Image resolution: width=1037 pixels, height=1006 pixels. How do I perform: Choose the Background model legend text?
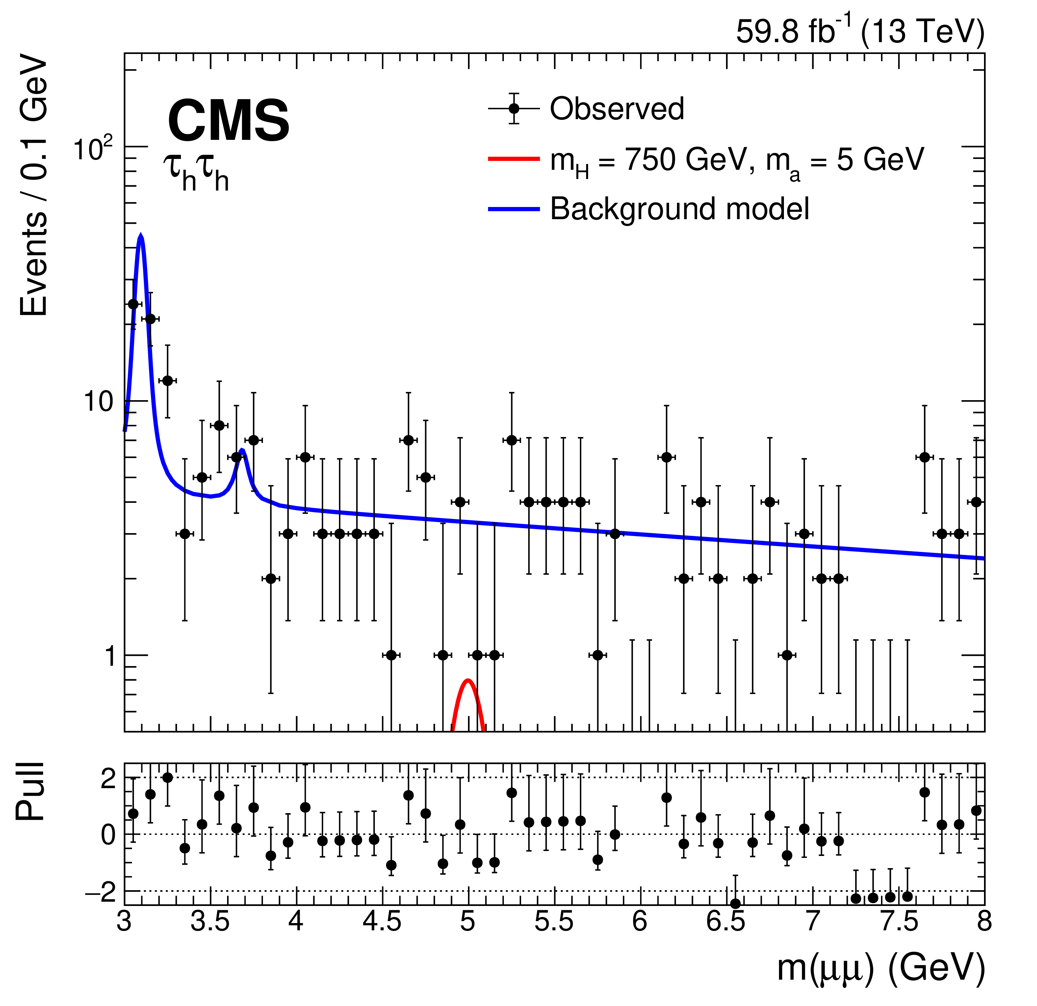pos(680,209)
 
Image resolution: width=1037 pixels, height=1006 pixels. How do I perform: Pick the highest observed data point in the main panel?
pos(133,304)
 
